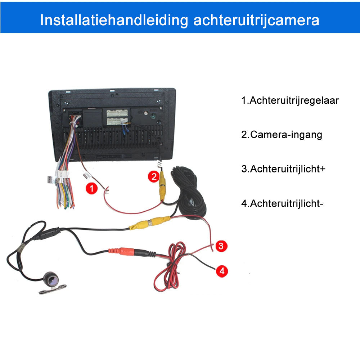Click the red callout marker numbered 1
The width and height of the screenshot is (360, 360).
[91, 189]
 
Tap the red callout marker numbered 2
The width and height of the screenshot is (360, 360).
[154, 176]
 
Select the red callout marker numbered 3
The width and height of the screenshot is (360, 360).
[221, 246]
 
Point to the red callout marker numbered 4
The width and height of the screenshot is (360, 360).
[222, 271]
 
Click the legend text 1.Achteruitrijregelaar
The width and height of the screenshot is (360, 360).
[290, 100]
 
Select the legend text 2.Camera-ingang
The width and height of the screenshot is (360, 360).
[282, 135]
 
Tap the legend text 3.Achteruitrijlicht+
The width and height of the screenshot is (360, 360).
[283, 169]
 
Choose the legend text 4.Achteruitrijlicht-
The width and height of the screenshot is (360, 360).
[282, 203]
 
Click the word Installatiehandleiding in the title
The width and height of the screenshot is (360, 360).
[114, 20]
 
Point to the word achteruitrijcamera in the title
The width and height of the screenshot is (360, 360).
[256, 20]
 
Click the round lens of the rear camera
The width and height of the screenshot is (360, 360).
[51, 279]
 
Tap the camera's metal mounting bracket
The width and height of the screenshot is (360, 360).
[53, 289]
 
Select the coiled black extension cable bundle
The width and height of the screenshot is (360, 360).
[189, 193]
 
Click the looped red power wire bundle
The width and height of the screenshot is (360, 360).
[170, 266]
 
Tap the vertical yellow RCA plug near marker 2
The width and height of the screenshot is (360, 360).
[162, 186]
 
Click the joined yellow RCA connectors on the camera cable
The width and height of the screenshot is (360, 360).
[150, 223]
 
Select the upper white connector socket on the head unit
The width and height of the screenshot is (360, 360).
[117, 113]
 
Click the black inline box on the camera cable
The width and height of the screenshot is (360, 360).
[46, 234]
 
